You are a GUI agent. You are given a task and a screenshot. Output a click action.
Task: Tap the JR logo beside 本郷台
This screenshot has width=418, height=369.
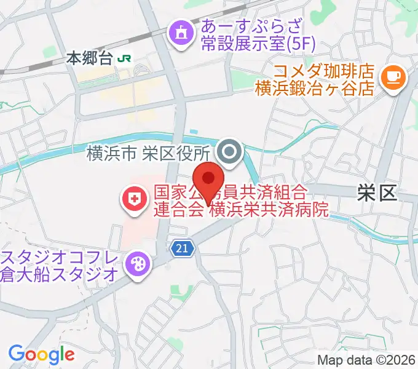125,58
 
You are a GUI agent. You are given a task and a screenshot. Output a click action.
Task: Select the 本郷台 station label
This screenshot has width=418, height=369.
90,59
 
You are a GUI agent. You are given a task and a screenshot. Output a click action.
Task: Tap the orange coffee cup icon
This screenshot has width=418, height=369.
392,77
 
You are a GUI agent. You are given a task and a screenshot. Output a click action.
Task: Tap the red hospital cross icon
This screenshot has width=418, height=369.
133,198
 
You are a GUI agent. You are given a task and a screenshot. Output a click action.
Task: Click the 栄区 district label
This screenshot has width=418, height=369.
376,194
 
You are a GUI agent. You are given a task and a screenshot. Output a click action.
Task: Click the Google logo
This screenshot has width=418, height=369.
41,354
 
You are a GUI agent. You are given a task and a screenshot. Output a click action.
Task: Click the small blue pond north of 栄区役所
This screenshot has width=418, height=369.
194,131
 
